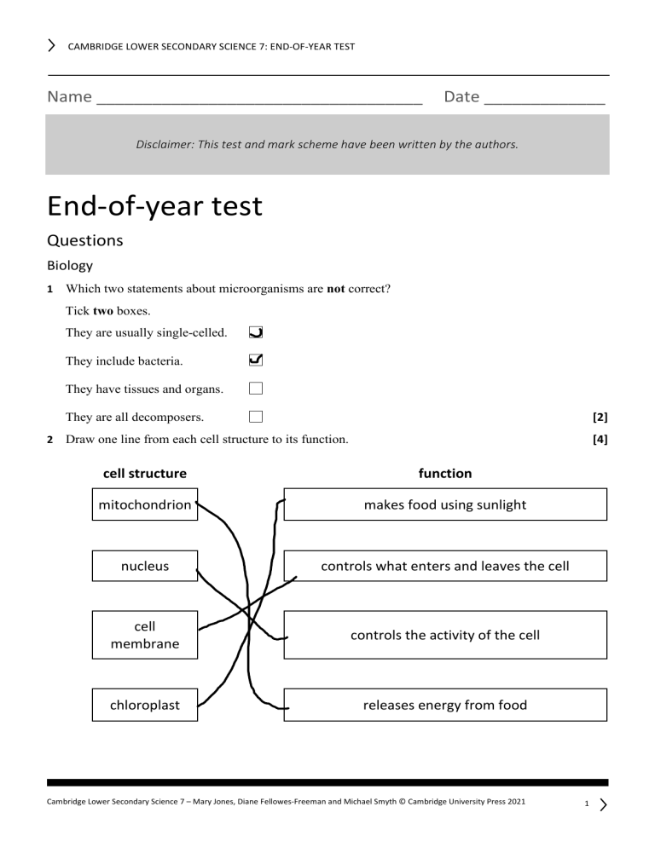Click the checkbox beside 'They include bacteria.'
coord(256,360)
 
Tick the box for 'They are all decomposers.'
coord(256,417)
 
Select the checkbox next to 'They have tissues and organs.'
coord(256,389)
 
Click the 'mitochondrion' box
coord(145,504)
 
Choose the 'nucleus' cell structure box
coord(145,565)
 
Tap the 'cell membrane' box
coord(145,635)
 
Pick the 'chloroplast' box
coord(145,705)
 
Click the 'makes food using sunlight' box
coord(445,504)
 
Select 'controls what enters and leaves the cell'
coord(445,566)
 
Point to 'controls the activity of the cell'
coord(445,635)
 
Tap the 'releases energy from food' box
coord(445,705)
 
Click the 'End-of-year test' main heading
coord(154,206)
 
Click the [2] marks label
coord(600,418)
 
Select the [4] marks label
coord(600,440)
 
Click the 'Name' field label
coord(70,96)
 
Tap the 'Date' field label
coord(461,96)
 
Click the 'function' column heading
coord(445,473)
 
